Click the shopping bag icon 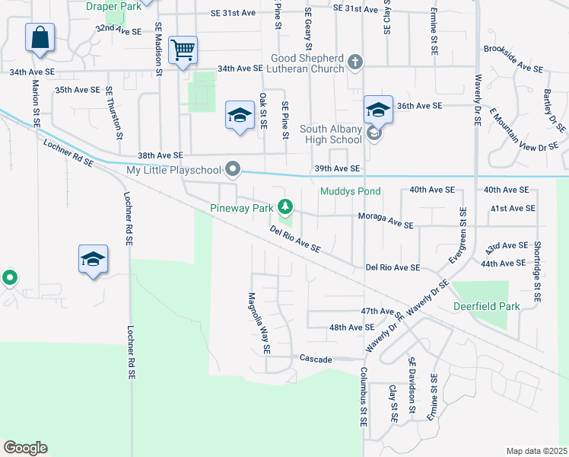click(x=40, y=37)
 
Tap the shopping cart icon click(x=183, y=51)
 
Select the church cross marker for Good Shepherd click(x=354, y=61)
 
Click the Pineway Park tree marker click(x=285, y=206)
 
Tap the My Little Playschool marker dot click(x=234, y=168)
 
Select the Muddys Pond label click(x=349, y=191)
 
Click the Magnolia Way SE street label click(x=258, y=324)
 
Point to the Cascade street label click(x=316, y=358)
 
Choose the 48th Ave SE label click(x=351, y=327)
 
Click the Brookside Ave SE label click(x=512, y=69)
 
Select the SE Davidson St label click(x=412, y=386)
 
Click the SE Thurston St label click(x=115, y=113)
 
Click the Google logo click(x=25, y=448)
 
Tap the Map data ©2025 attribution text click(x=536, y=451)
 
